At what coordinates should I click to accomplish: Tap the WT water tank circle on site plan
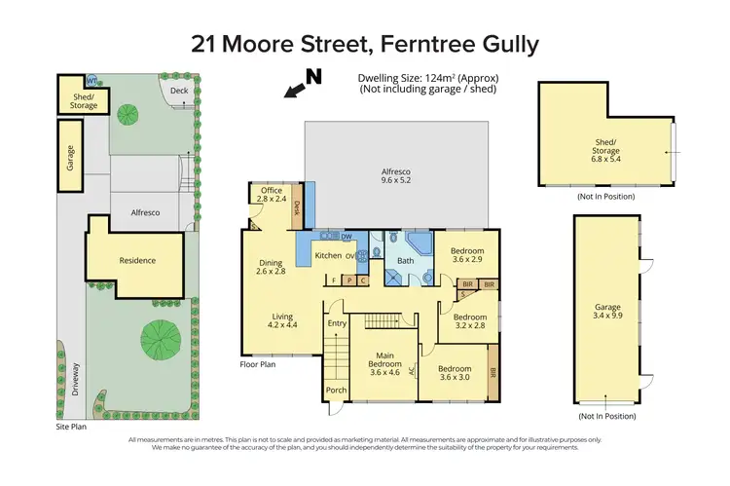tap(91, 81)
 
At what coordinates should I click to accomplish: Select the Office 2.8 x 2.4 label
tap(272, 194)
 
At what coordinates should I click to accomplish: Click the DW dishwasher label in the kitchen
tap(347, 237)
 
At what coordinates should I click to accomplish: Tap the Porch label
tap(337, 391)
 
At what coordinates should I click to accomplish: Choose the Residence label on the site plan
tap(137, 260)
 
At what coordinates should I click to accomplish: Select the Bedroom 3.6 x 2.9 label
tap(467, 255)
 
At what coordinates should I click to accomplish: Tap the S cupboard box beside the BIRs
tap(462, 293)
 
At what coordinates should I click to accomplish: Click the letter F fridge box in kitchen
tap(334, 280)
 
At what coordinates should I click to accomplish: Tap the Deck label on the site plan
tap(179, 91)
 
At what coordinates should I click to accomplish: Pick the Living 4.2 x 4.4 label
tap(282, 320)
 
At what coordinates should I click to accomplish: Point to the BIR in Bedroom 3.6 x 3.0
tap(493, 371)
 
